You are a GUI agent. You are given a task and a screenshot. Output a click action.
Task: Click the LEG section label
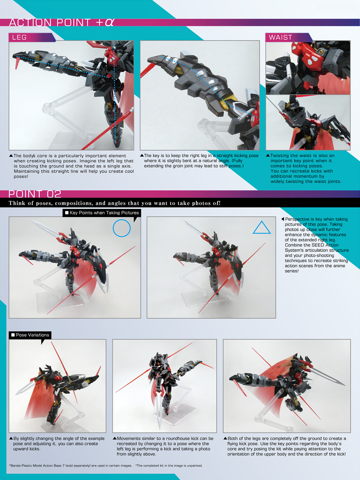[x=19, y=37]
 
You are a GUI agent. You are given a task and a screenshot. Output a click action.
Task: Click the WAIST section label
[x=280, y=37]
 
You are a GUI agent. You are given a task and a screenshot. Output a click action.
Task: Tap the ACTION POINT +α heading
[x=61, y=22]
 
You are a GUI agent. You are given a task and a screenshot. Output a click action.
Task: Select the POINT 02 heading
[x=34, y=194]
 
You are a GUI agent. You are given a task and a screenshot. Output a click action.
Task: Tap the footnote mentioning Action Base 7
[x=70, y=466]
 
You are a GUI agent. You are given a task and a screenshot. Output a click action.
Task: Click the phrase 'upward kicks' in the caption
[x=26, y=449]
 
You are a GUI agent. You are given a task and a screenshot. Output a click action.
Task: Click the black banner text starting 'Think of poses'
[x=115, y=203]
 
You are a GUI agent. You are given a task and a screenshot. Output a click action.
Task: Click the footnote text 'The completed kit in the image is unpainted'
[x=169, y=466]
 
